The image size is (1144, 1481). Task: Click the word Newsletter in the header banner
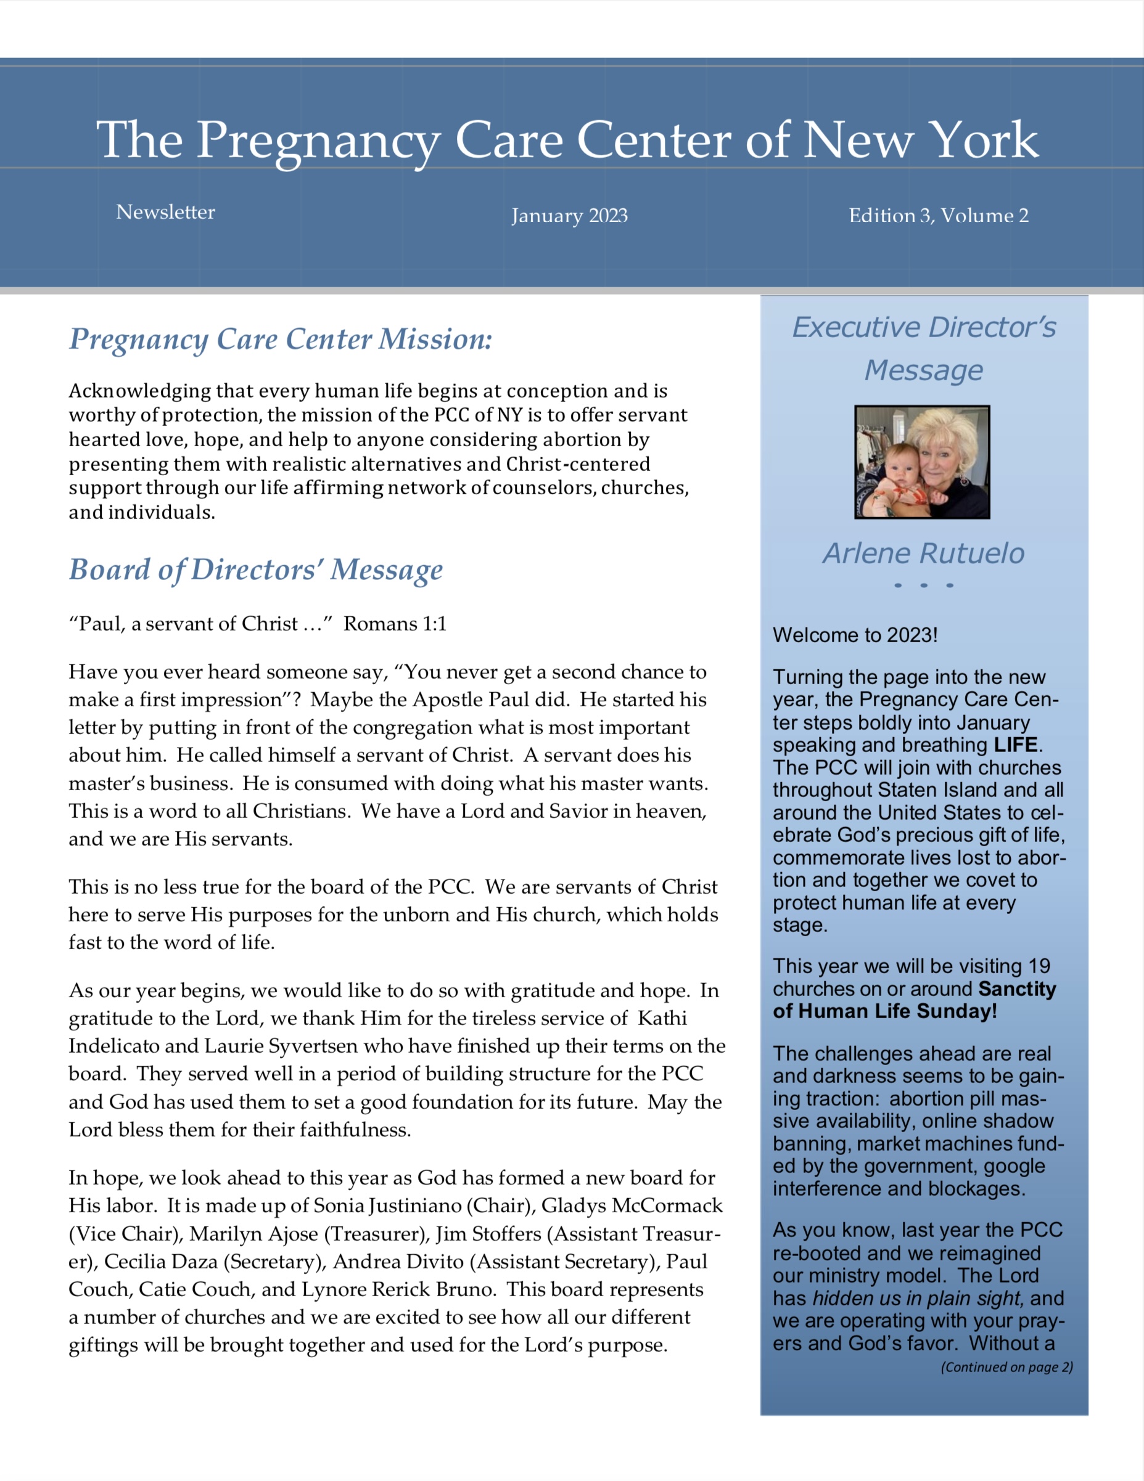pos(165,212)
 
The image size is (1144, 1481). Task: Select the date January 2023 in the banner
pos(569,216)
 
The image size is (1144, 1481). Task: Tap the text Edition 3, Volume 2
pos(939,216)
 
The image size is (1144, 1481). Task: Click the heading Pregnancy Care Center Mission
pos(280,339)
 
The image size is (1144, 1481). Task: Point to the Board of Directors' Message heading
pos(256,569)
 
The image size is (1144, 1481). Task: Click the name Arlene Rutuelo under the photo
pos(923,553)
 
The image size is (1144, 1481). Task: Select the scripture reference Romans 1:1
pos(395,624)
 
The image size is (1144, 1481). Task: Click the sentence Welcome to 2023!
pos(855,635)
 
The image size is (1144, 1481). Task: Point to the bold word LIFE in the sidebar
pos(1015,745)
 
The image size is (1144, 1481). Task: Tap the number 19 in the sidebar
pos(1039,966)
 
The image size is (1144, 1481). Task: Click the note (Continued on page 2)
pos(1006,1367)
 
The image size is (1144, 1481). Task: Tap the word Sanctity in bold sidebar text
pos(1017,989)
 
